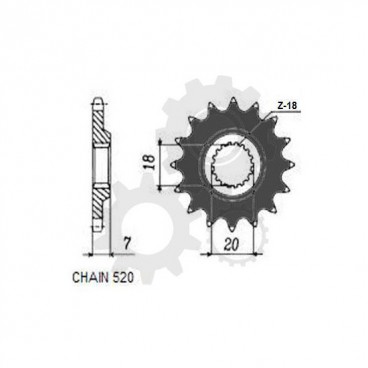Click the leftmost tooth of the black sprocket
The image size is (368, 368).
pyautogui.click(x=165, y=165)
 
